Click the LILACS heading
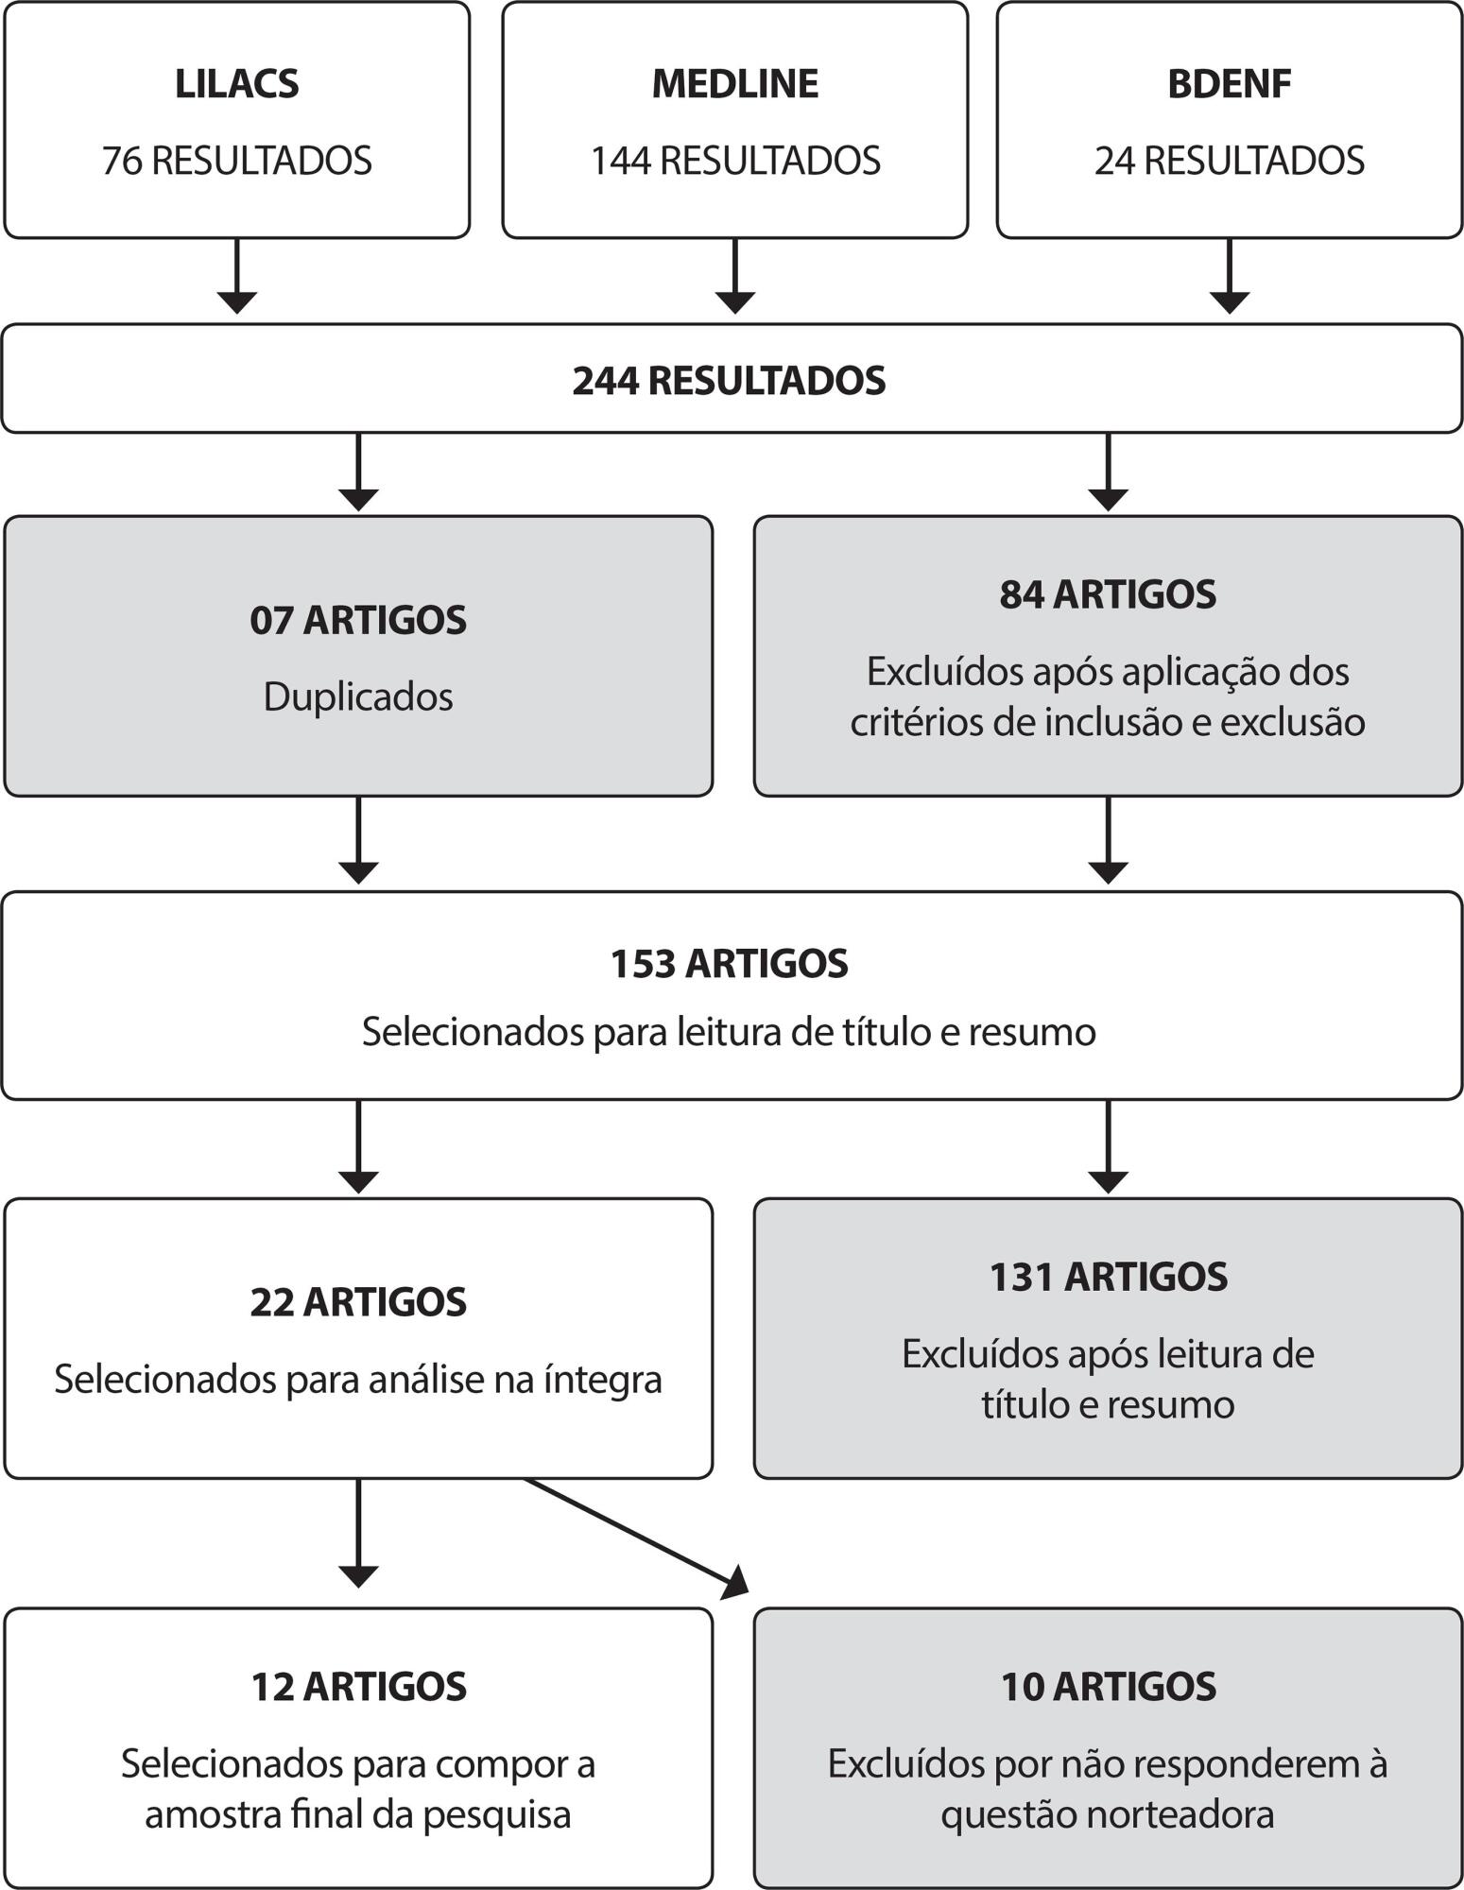(236, 84)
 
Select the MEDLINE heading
(735, 84)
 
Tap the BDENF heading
(1230, 84)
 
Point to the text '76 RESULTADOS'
(236, 161)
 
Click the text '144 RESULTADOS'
(735, 161)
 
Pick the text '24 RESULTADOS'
(1230, 161)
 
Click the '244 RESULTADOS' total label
(729, 381)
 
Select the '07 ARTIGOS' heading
(358, 621)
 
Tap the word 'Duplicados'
(358, 697)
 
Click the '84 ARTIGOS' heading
(1108, 594)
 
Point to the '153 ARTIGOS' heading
(729, 964)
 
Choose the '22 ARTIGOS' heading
(358, 1302)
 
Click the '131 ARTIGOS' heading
(1108, 1277)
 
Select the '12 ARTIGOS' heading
(358, 1687)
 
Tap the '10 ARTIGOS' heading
(1108, 1687)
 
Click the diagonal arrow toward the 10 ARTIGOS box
(636, 1538)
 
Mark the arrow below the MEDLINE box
(735, 276)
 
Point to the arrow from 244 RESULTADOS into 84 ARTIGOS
(1108, 472)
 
